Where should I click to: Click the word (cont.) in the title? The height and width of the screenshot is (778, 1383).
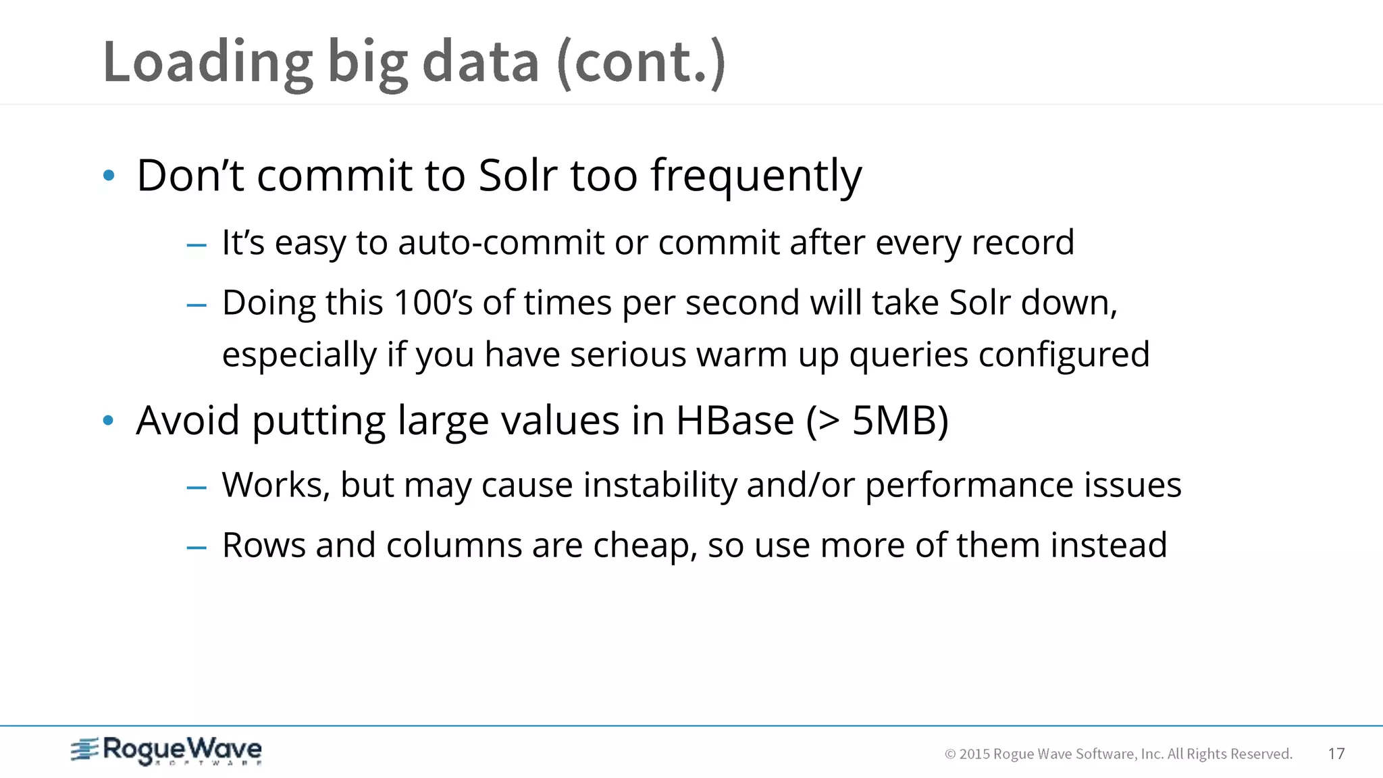pos(641,62)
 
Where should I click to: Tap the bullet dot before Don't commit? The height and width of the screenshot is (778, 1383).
pos(109,176)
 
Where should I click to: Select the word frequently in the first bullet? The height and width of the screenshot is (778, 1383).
pos(756,176)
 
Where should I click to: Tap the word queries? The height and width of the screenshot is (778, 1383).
pos(908,355)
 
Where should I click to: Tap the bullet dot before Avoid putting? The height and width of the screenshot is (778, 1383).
pos(109,421)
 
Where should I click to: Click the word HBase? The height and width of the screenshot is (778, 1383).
pos(735,421)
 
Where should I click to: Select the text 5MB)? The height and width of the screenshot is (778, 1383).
pos(900,421)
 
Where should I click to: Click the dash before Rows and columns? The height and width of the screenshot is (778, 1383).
pos(197,546)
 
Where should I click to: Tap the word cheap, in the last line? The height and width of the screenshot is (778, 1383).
pos(645,545)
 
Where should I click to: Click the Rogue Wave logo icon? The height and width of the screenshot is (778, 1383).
pos(85,750)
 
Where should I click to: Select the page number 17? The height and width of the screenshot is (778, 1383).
pos(1336,754)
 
